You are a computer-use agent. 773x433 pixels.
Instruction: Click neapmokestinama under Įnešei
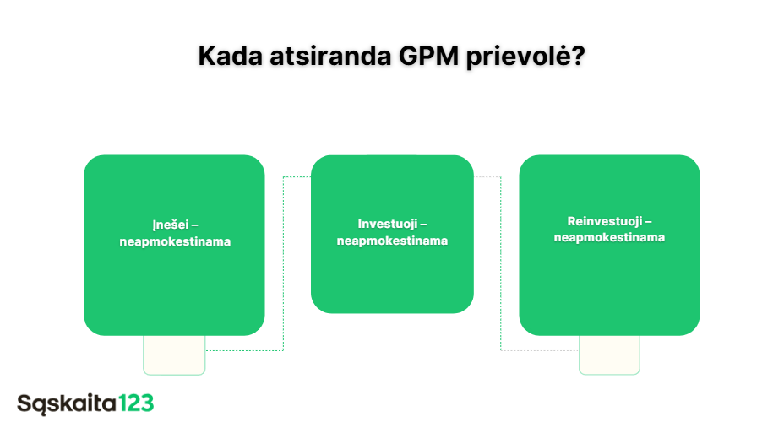175,241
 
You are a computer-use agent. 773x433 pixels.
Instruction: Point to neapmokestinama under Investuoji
392,241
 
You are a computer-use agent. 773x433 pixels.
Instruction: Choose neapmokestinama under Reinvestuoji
609,237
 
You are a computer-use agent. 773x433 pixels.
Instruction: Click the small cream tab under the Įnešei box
174,355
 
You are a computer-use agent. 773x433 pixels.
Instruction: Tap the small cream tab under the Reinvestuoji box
609,355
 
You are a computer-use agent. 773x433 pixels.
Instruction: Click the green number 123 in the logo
137,403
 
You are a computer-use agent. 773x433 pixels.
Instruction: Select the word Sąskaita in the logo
67,403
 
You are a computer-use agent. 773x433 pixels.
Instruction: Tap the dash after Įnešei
195,226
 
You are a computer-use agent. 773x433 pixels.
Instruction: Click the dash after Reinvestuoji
648,222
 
